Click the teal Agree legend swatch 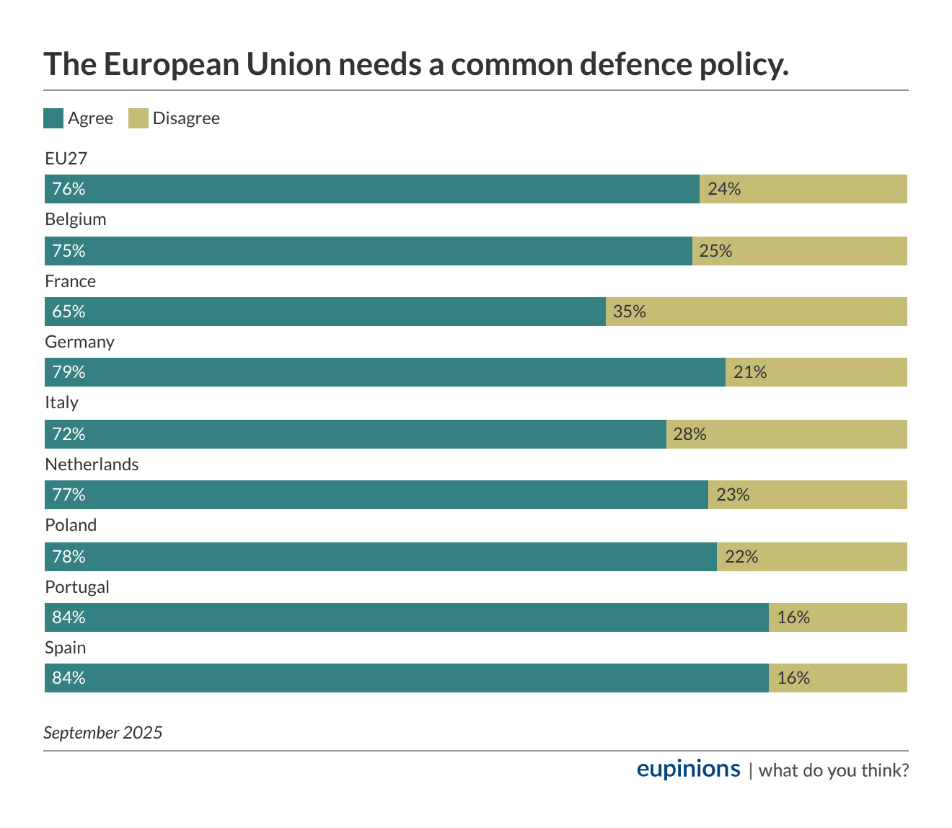coord(53,118)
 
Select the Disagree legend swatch coord(138,118)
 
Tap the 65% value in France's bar coord(69,312)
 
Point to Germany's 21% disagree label coord(750,372)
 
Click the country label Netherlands coord(92,464)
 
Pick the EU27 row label coord(66,159)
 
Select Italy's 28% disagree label coord(689,434)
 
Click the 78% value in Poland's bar coord(69,557)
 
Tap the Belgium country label coord(75,219)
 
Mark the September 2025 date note coord(103,733)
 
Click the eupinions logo coord(688,769)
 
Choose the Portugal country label coord(77,587)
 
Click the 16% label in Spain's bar coord(793,678)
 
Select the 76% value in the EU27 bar coord(69,189)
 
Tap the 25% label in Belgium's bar coord(715,251)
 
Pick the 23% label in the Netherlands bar coord(733,495)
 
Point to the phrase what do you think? coord(834,770)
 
